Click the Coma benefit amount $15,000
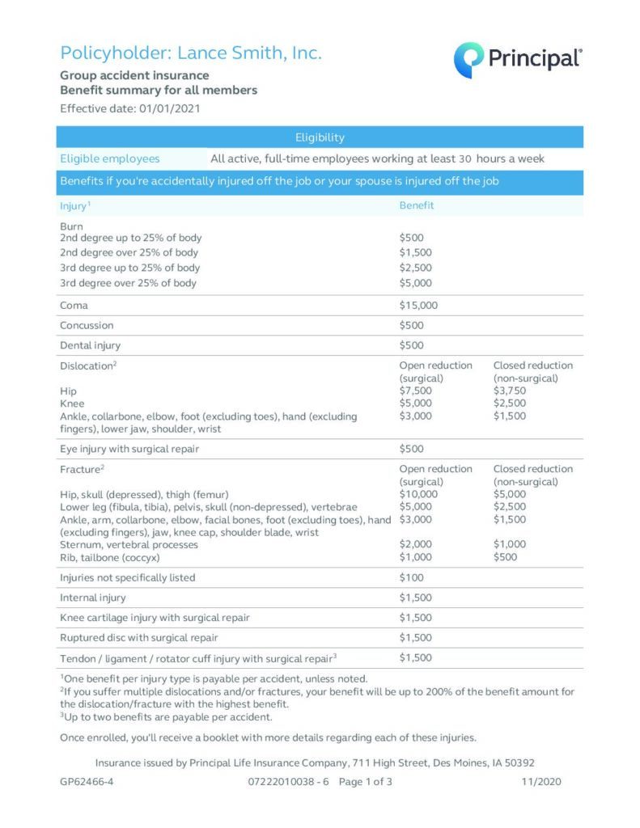point(419,306)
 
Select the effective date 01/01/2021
point(170,108)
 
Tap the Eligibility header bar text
point(320,137)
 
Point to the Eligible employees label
point(110,158)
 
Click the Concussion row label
point(87,325)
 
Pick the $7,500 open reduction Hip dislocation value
point(415,391)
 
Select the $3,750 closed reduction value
point(509,391)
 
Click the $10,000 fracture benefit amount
point(418,494)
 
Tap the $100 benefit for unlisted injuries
point(411,577)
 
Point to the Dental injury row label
point(90,345)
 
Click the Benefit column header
point(417,205)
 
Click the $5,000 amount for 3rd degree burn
point(415,283)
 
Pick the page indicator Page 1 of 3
point(366,782)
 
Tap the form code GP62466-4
point(86,782)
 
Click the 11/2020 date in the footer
point(542,782)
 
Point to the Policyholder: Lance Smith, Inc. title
point(191,53)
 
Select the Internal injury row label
point(92,598)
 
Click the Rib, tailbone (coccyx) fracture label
point(110,557)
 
